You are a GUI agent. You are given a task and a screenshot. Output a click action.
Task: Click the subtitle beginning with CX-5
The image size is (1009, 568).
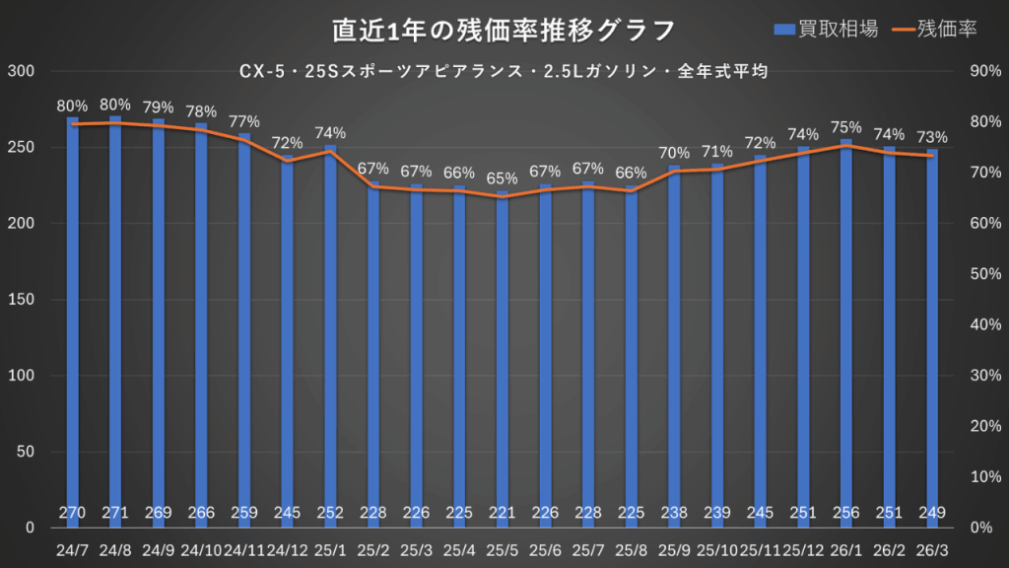point(504,71)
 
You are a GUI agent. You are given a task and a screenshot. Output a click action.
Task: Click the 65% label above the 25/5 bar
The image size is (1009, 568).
point(503,178)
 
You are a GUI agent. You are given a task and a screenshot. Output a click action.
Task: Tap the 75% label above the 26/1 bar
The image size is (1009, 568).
point(845,127)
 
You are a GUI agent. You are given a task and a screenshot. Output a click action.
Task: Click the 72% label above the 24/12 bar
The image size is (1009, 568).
point(288,142)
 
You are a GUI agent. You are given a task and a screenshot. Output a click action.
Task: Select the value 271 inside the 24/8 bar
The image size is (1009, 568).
point(116,512)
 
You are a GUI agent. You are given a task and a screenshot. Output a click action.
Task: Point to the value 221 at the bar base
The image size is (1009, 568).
point(503,512)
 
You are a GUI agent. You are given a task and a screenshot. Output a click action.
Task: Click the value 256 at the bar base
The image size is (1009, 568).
point(845,512)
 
